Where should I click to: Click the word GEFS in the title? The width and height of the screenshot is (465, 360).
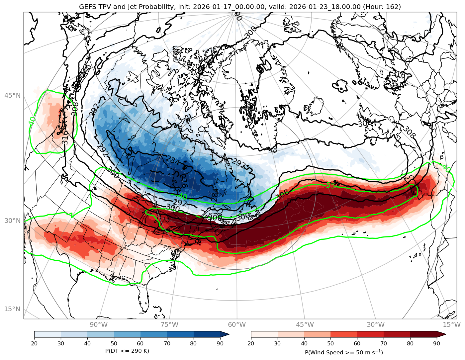[87, 7]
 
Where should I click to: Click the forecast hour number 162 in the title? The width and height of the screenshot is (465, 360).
[392, 7]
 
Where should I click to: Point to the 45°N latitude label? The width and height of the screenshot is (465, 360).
[12, 96]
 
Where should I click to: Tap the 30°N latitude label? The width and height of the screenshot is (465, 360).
[12, 221]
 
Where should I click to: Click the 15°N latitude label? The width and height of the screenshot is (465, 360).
[12, 309]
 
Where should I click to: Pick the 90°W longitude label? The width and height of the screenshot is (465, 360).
[99, 324]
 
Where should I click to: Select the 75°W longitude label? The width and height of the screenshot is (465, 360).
[169, 324]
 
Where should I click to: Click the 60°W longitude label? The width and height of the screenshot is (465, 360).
[237, 324]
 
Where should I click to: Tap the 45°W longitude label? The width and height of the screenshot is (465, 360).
[305, 324]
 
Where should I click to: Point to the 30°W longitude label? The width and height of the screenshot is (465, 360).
[376, 324]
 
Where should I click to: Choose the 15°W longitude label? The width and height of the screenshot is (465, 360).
[451, 324]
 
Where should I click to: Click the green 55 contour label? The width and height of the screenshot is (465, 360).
[330, 185]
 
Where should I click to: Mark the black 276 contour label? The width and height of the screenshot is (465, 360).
[184, 181]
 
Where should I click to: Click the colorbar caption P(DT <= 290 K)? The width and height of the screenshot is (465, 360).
[127, 351]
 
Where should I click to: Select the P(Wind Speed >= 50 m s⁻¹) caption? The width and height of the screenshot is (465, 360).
[344, 352]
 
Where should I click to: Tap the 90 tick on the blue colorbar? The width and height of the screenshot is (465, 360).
[220, 343]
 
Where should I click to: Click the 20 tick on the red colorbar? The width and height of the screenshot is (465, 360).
[251, 343]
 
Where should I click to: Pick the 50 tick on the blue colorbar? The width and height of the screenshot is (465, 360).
[114, 343]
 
